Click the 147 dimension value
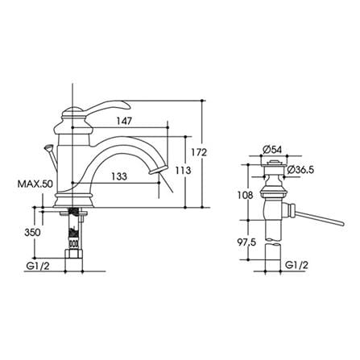click(x=124, y=121)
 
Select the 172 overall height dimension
click(x=199, y=152)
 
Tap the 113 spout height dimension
click(x=183, y=170)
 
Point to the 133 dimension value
click(x=119, y=176)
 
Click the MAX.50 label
click(x=35, y=184)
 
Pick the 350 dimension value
click(x=32, y=232)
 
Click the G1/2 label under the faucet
click(x=38, y=266)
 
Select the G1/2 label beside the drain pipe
click(x=296, y=266)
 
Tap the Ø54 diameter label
click(x=272, y=149)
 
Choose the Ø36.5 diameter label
click(x=300, y=170)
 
